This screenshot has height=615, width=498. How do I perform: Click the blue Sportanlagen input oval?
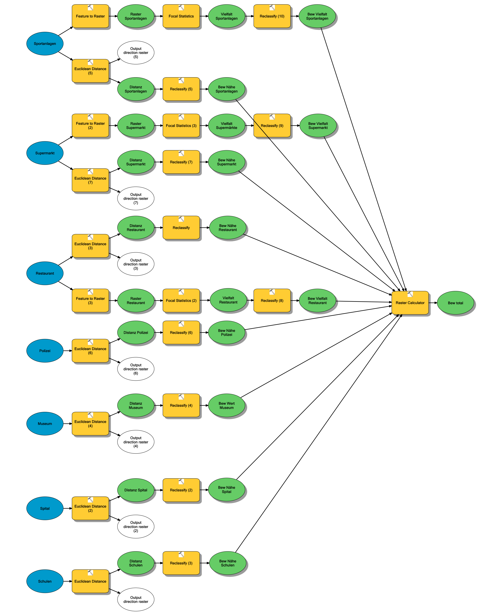(x=45, y=44)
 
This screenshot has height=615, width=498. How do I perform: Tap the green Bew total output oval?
(x=455, y=303)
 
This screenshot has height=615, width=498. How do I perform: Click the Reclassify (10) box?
(x=272, y=16)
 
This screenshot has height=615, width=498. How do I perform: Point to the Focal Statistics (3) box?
(x=181, y=126)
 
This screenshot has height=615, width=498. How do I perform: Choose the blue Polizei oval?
(x=45, y=351)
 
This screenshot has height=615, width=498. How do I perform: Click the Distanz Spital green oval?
(x=136, y=490)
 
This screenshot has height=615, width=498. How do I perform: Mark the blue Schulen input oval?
(x=45, y=581)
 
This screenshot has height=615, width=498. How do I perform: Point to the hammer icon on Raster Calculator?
(x=410, y=294)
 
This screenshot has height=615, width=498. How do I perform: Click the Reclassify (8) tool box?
(x=272, y=300)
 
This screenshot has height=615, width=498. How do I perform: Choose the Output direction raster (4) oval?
(x=136, y=442)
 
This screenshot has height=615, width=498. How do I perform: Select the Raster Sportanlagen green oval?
(x=136, y=16)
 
